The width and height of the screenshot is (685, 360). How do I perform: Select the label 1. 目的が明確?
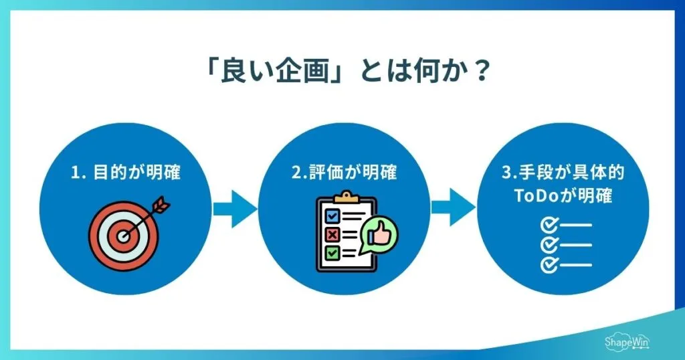pyautogui.click(x=126, y=173)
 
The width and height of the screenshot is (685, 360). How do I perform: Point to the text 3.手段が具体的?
pyautogui.click(x=563, y=173)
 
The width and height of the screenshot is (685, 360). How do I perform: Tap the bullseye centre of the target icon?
pyautogui.click(x=123, y=236)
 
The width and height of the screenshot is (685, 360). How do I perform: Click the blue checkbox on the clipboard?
pyautogui.click(x=332, y=216)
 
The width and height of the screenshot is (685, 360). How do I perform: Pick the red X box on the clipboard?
pyautogui.click(x=332, y=234)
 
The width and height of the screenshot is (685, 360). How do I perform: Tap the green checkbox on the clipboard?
pyautogui.click(x=332, y=253)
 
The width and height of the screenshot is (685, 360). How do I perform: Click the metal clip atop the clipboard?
pyautogui.click(x=346, y=197)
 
